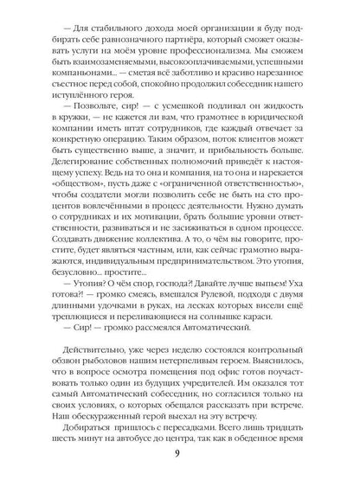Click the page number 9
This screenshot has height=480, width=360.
tap(180, 459)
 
